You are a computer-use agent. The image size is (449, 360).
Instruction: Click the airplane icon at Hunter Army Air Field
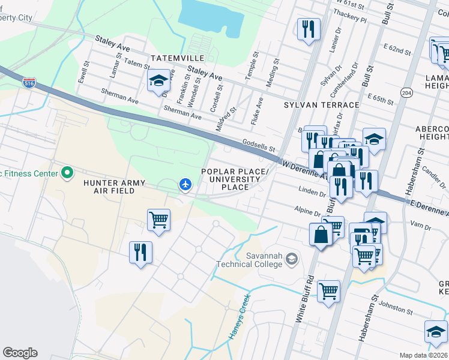(185, 184)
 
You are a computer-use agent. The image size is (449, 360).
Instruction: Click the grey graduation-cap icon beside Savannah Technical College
(292, 259)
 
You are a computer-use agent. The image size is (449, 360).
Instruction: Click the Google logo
(20, 353)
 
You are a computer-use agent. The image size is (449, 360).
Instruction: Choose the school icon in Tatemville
(158, 80)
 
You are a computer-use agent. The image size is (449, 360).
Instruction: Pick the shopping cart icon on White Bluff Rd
(328, 291)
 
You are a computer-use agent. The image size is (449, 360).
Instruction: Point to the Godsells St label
(259, 145)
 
